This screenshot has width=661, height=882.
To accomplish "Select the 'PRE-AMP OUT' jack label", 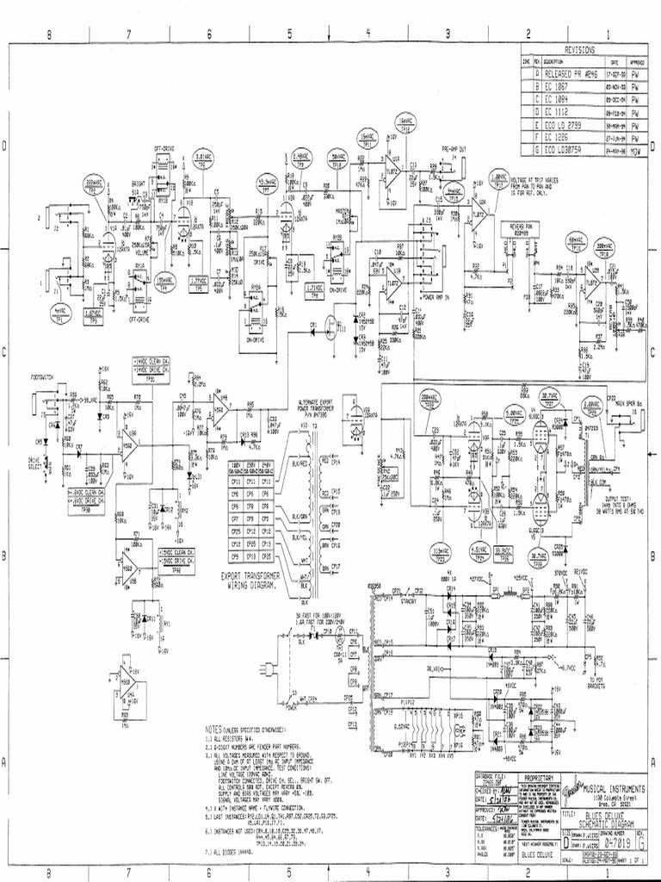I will pos(454,149).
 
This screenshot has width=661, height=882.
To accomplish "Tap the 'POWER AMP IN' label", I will pos(437,295).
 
